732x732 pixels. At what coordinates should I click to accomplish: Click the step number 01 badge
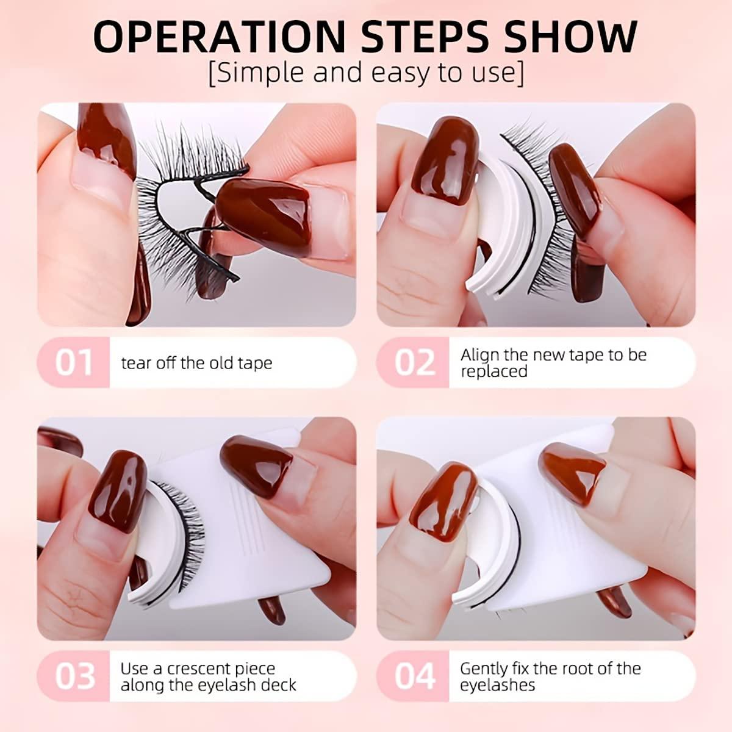tap(74, 362)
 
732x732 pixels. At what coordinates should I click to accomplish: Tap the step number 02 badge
tap(414, 362)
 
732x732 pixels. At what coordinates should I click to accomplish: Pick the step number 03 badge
tap(74, 676)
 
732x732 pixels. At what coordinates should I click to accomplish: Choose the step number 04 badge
tap(414, 676)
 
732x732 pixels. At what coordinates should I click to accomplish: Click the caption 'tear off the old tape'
tap(196, 363)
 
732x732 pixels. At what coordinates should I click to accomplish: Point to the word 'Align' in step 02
tap(481, 354)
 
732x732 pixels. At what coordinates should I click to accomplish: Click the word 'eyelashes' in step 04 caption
tap(497, 685)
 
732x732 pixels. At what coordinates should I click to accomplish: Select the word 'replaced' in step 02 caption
tap(493, 371)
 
